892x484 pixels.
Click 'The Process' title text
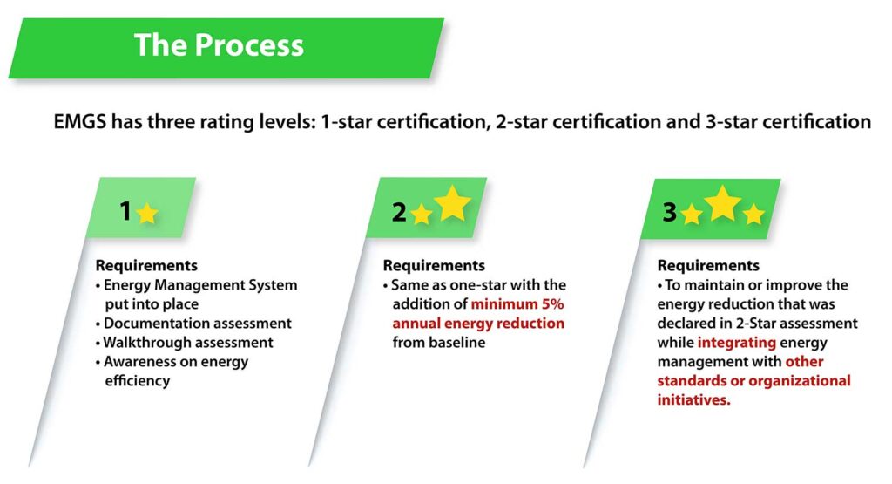point(219,45)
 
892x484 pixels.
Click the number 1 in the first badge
point(125,210)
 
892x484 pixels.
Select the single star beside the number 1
point(147,214)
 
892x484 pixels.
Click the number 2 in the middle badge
point(399,211)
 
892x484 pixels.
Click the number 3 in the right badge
point(669,212)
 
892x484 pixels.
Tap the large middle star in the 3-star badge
point(723,204)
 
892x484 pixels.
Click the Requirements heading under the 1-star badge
point(146,266)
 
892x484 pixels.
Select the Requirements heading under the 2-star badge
point(434,266)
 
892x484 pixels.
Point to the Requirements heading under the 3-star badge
point(708,266)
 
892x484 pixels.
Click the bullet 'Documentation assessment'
point(198,324)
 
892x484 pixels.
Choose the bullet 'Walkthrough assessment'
point(188,343)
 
